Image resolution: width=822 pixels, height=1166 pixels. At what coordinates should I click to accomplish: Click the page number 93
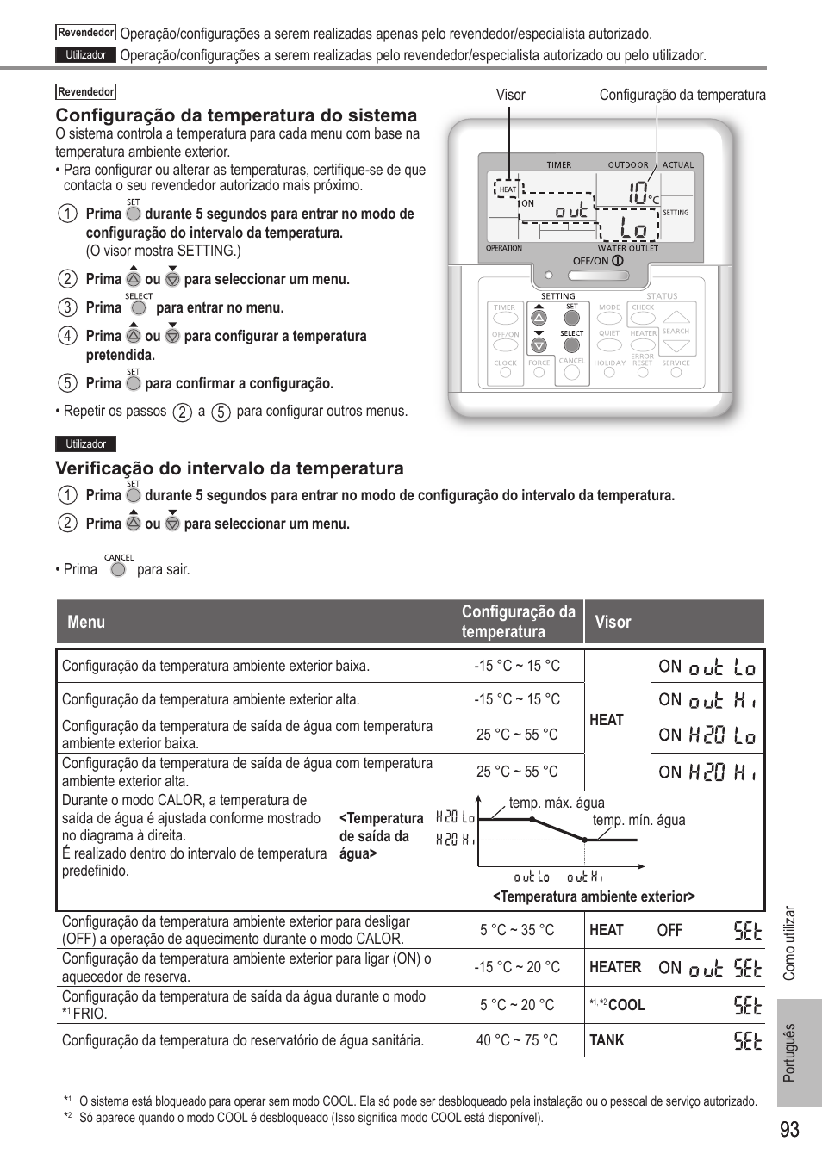pyautogui.click(x=789, y=1129)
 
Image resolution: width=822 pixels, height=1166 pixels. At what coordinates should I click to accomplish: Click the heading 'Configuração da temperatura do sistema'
pyautogui.click(x=236, y=115)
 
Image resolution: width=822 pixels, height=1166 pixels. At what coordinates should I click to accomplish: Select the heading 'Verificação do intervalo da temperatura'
pyautogui.click(x=229, y=468)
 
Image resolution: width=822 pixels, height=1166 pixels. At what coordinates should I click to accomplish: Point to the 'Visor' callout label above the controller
pyautogui.click(x=510, y=96)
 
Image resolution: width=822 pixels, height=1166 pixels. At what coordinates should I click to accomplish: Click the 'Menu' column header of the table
pyautogui.click(x=86, y=622)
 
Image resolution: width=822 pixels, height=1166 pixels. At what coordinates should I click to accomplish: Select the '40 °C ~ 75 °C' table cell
pyautogui.click(x=517, y=1040)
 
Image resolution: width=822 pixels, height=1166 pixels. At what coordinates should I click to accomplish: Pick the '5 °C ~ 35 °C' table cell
pyautogui.click(x=517, y=930)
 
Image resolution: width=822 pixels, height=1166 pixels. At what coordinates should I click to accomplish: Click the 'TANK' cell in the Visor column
pyautogui.click(x=607, y=1040)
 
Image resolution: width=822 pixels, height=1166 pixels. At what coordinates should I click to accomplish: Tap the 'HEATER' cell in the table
pyautogui.click(x=615, y=967)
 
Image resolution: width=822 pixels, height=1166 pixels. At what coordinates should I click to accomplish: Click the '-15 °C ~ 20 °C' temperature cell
pyautogui.click(x=517, y=967)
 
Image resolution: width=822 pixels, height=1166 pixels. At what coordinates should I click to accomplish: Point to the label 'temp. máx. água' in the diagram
pyautogui.click(x=557, y=803)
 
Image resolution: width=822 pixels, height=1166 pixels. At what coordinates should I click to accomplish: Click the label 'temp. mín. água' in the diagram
pyautogui.click(x=638, y=820)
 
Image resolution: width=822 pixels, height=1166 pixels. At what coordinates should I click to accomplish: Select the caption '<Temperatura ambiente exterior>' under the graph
pyautogui.click(x=594, y=896)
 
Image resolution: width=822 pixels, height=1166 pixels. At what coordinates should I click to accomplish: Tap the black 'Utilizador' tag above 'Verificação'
pyautogui.click(x=86, y=444)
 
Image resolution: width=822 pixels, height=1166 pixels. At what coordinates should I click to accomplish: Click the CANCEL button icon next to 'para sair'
pyautogui.click(x=118, y=569)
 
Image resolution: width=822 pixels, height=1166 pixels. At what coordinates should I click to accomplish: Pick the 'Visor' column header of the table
pyautogui.click(x=613, y=622)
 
